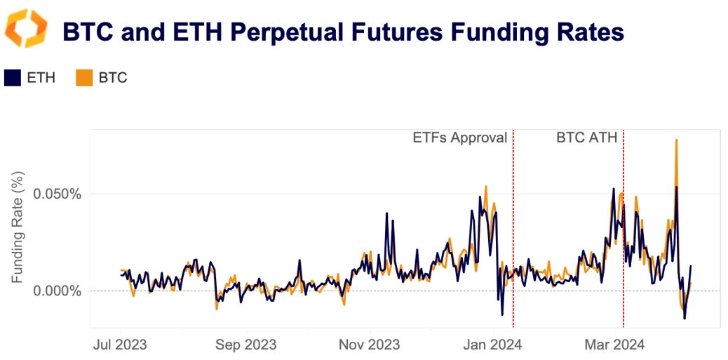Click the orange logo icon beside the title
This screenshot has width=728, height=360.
(x=26, y=29)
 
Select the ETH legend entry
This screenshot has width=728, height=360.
(x=41, y=77)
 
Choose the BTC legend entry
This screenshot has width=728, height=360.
(x=112, y=77)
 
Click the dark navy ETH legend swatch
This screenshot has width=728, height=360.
(x=12, y=77)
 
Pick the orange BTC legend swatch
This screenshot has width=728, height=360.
(x=83, y=77)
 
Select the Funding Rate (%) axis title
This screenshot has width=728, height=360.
(x=17, y=229)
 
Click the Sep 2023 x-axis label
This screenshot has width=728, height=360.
(x=245, y=345)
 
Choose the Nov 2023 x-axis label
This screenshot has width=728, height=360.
(x=369, y=345)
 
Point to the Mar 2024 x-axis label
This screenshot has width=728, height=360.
(x=615, y=345)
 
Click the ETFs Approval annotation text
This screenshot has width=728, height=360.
(x=459, y=138)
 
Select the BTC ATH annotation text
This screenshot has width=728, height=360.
(x=586, y=138)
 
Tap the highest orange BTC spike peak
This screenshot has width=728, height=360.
(x=676, y=140)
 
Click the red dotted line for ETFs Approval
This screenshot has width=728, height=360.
(x=513, y=232)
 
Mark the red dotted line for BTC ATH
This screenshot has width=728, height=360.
(x=623, y=232)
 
